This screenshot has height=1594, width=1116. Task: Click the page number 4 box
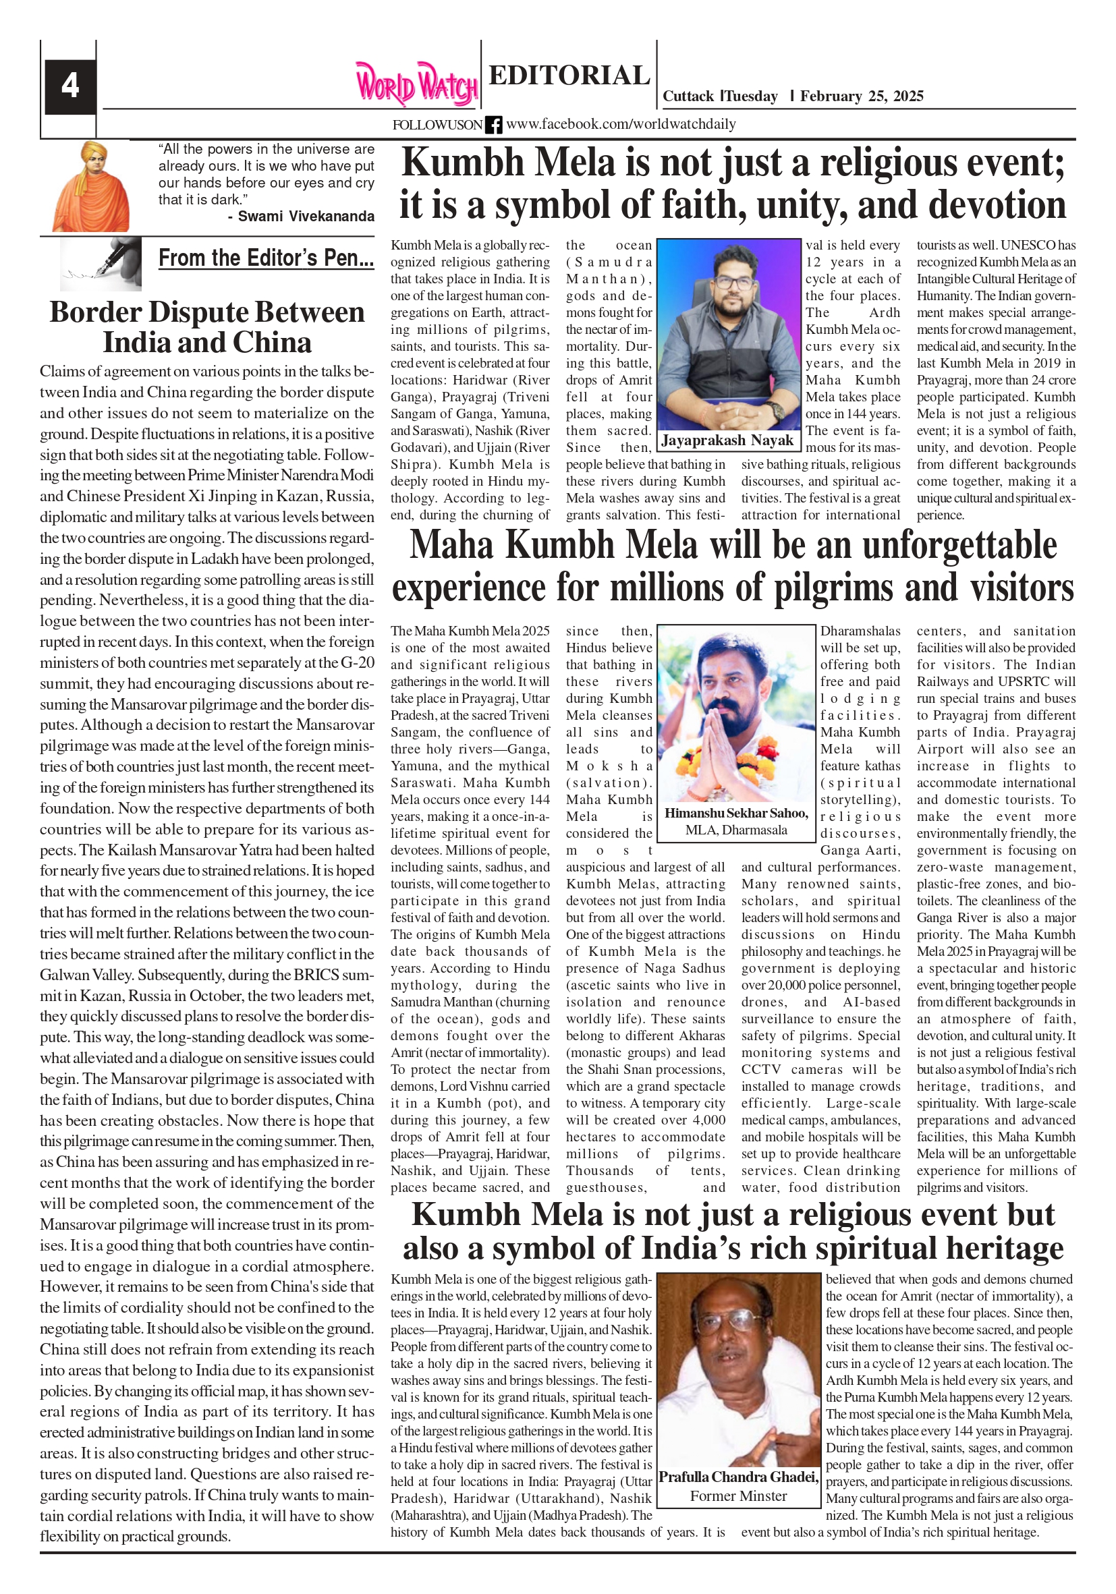click(x=70, y=87)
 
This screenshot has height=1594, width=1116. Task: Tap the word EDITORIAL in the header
click(x=569, y=76)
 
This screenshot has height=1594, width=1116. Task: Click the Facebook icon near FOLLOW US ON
click(x=493, y=125)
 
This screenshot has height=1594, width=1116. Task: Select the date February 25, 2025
click(x=861, y=96)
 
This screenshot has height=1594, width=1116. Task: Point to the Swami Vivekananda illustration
click(x=91, y=187)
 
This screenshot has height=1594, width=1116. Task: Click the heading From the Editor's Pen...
click(x=266, y=258)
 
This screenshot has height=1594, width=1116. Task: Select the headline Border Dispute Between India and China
click(x=207, y=328)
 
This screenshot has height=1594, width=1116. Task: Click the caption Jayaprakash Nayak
click(x=727, y=440)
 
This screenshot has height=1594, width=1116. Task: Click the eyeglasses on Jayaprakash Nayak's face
click(x=734, y=283)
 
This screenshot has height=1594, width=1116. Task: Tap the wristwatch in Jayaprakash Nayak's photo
click(x=777, y=409)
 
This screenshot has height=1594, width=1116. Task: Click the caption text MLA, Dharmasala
click(x=736, y=830)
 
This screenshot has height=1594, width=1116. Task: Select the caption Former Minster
click(x=738, y=1496)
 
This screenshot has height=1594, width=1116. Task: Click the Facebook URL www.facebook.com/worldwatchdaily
click(x=620, y=124)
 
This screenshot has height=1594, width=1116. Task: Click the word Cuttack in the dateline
click(x=688, y=96)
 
